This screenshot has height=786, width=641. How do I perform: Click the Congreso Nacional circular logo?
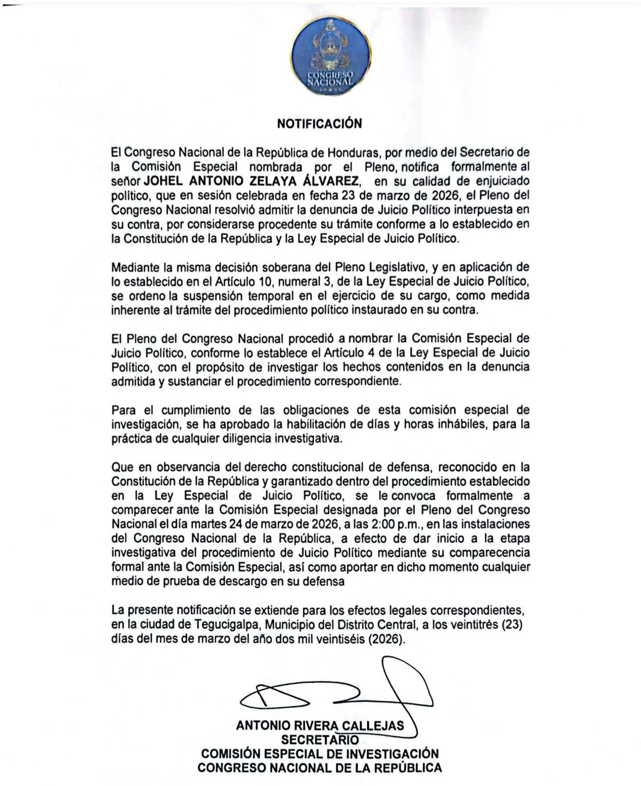[331, 58]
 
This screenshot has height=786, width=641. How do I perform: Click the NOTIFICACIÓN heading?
[319, 123]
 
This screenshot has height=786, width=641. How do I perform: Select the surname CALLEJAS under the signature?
[377, 725]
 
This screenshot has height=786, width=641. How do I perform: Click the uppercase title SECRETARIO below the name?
[320, 739]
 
